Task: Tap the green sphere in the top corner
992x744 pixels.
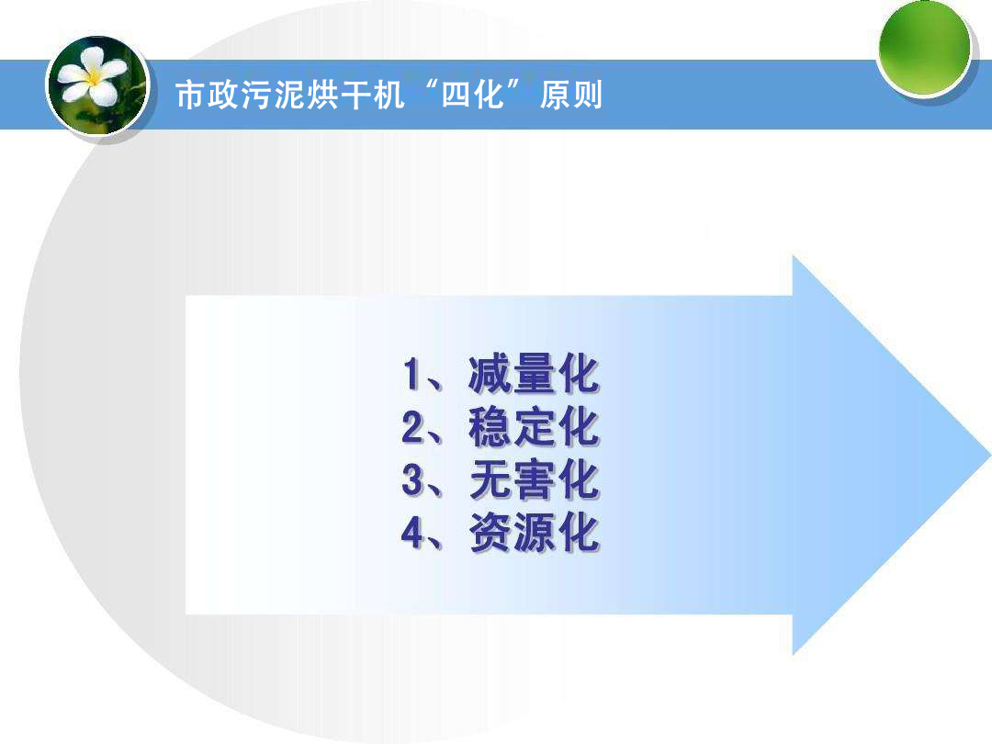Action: (924, 48)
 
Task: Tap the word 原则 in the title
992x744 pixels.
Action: (570, 95)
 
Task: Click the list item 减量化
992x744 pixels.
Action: (534, 374)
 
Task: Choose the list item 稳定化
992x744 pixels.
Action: (534, 427)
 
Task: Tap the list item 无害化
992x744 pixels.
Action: (534, 480)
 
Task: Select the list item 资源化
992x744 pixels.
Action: (534, 534)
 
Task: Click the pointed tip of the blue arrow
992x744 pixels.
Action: (989, 455)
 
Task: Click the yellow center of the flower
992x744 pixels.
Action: (94, 78)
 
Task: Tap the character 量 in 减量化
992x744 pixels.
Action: (534, 374)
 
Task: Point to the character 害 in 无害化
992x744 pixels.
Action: (534, 480)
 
